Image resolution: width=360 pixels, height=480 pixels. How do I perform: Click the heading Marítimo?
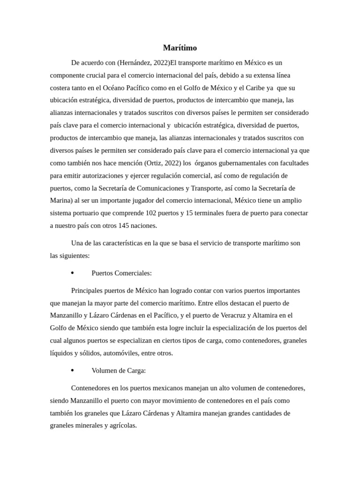[180, 48]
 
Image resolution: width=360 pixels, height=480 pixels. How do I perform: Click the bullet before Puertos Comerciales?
[72, 273]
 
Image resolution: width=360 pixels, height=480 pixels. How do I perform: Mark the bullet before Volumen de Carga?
[72, 370]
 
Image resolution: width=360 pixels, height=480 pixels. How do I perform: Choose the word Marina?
[60, 201]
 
